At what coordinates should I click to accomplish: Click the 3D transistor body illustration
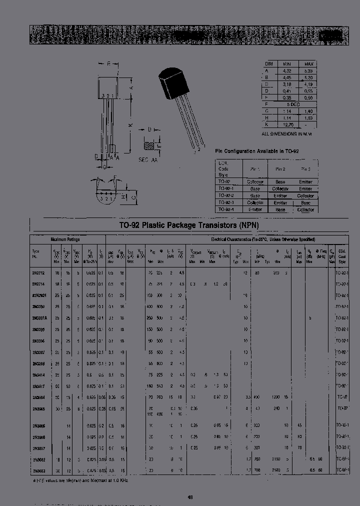pyautogui.click(x=172, y=85)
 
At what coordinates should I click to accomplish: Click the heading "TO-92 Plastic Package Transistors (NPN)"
pyautogui.click(x=181, y=225)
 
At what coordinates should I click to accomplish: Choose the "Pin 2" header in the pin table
pyautogui.click(x=280, y=169)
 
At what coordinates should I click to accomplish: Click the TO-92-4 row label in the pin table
pyautogui.click(x=228, y=209)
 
